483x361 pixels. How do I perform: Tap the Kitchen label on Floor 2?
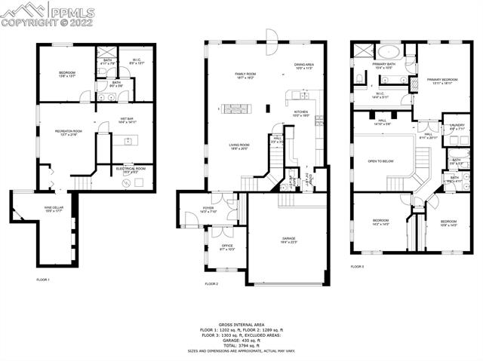301,114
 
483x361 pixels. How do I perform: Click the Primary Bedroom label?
442,81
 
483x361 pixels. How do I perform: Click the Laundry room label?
457,127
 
